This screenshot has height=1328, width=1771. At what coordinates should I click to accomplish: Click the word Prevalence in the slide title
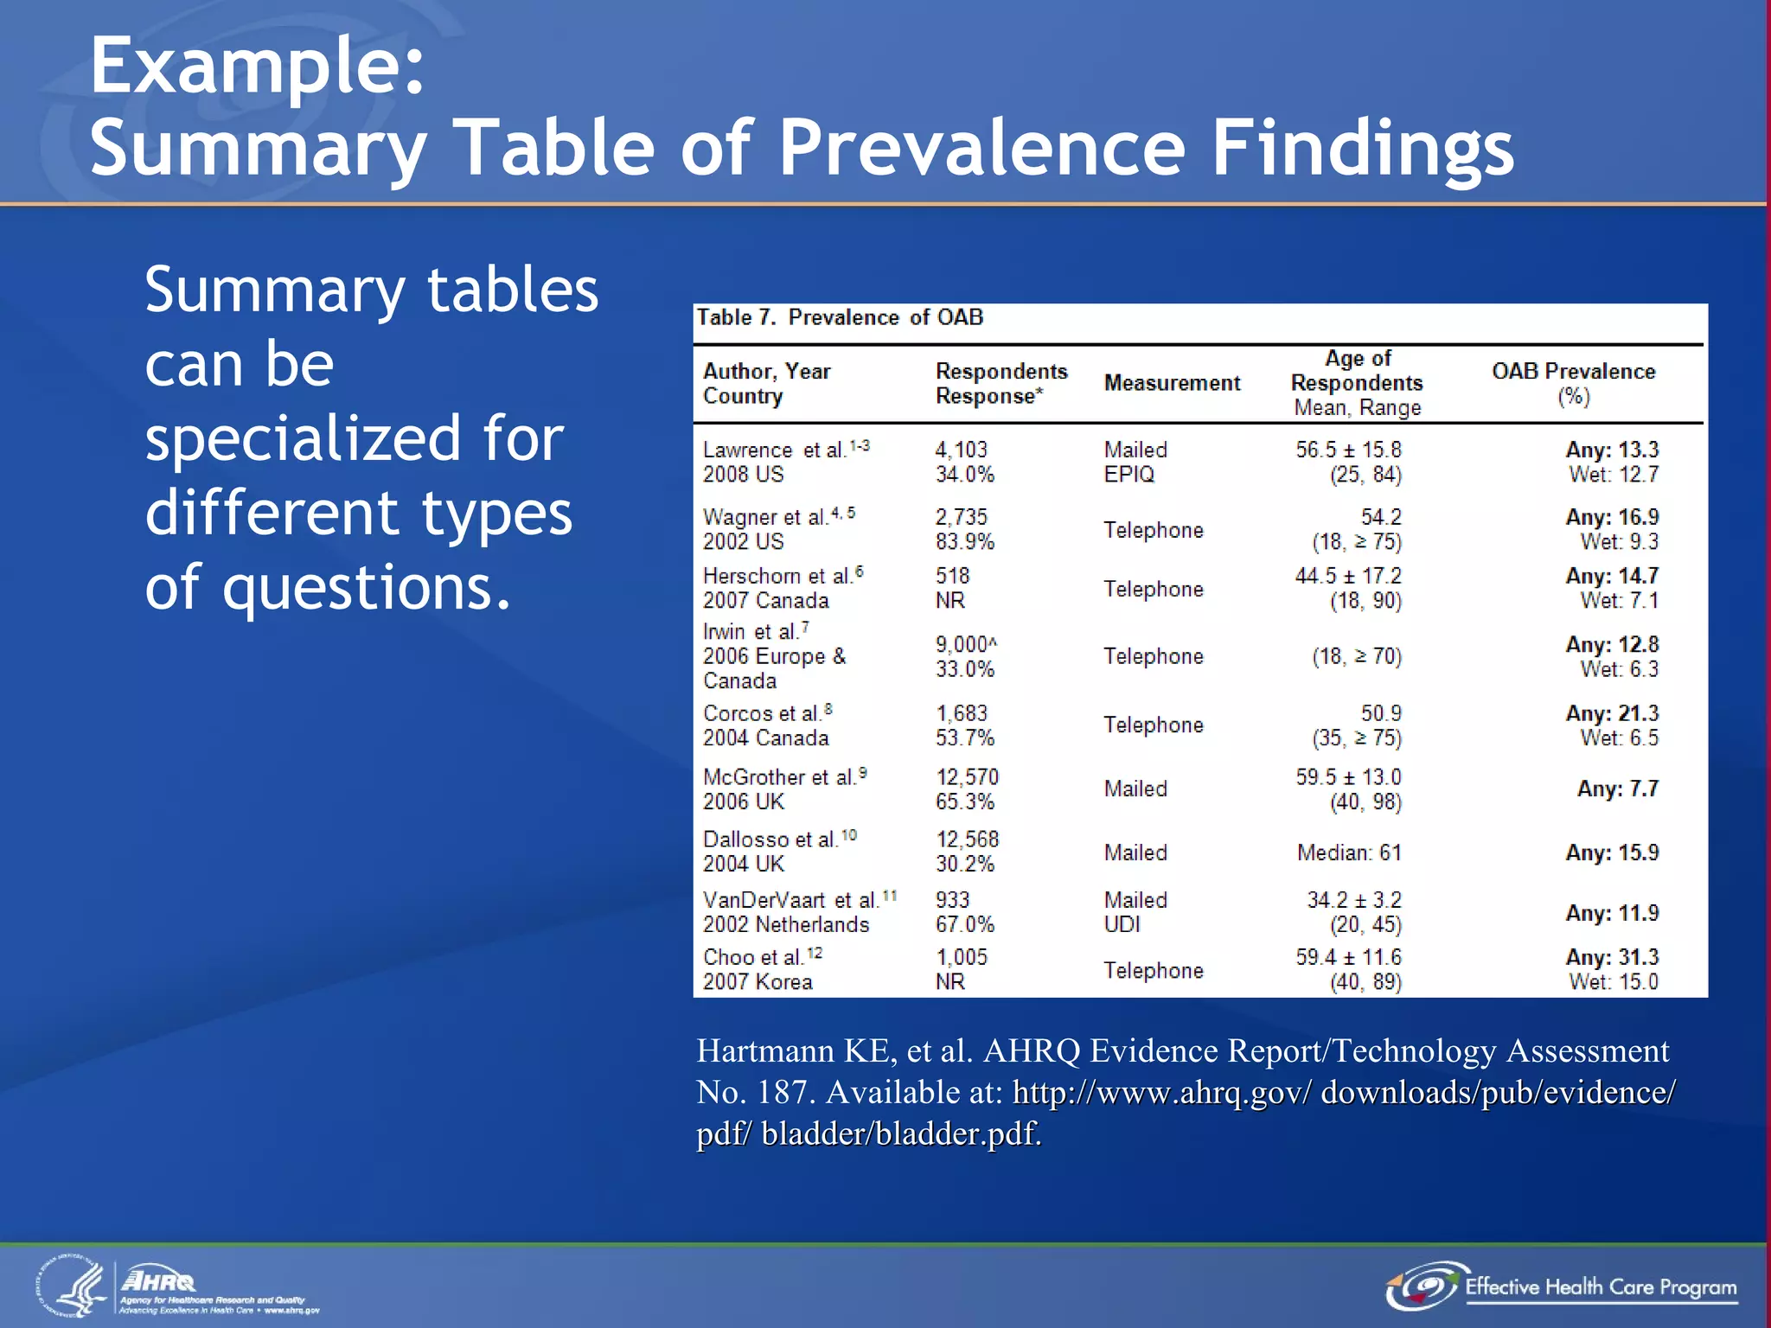coord(981,148)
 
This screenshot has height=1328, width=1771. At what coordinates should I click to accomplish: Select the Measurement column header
coord(1172,383)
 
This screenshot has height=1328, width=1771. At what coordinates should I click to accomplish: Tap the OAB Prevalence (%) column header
coord(1573,383)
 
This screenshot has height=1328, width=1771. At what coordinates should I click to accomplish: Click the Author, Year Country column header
coord(766,383)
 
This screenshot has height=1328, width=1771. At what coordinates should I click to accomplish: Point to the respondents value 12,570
coord(967,777)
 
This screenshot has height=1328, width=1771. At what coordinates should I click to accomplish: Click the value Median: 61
coord(1348,852)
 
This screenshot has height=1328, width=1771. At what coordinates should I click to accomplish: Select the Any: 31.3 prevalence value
coord(1612,957)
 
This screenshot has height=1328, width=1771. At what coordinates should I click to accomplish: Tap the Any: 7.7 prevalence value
coord(1617,788)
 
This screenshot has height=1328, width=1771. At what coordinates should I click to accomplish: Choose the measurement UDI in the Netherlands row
coord(1122,924)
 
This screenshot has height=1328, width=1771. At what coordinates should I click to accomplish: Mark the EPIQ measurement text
coord(1128,474)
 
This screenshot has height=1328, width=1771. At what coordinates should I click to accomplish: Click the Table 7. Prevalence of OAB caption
coord(840,317)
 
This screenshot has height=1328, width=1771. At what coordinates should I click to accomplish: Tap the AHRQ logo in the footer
coord(159,1280)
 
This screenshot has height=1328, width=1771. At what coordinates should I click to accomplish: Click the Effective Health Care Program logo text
coord(1600,1287)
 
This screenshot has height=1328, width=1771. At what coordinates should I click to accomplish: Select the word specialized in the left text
coord(354,438)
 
